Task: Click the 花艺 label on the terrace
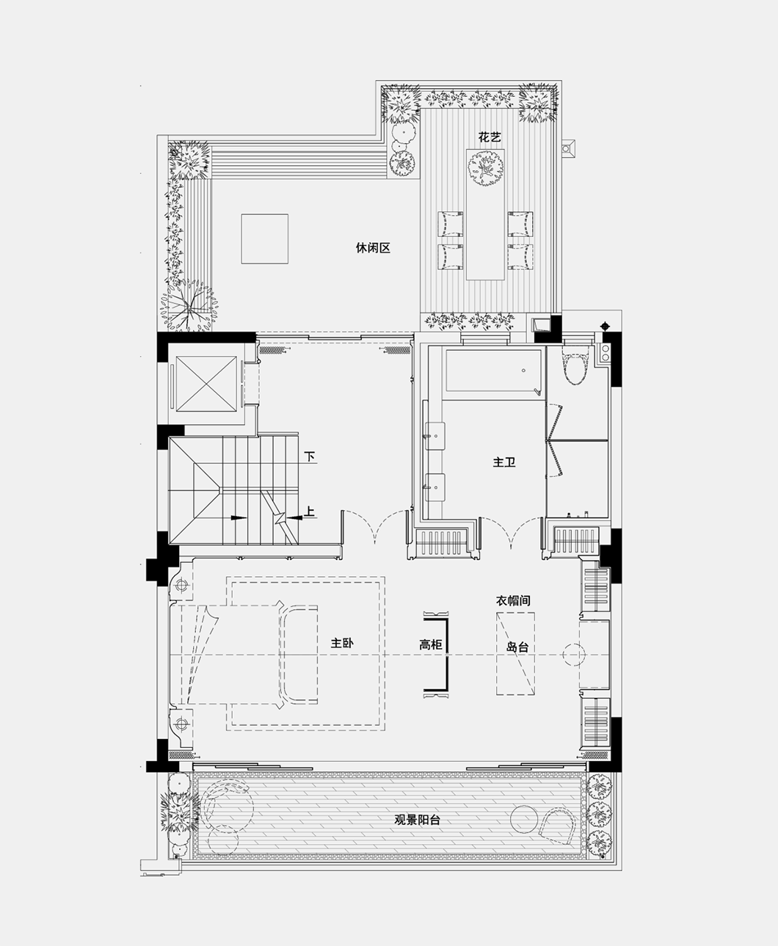490,137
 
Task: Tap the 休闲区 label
373,248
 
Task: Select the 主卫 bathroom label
504,462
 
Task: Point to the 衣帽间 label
513,600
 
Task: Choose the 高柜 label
431,645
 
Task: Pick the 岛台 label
517,647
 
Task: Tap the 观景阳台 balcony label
417,821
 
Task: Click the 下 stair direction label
310,456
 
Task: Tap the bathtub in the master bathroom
494,373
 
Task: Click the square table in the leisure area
264,238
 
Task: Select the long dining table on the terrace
486,214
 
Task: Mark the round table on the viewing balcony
526,818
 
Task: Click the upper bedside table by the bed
181,586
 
